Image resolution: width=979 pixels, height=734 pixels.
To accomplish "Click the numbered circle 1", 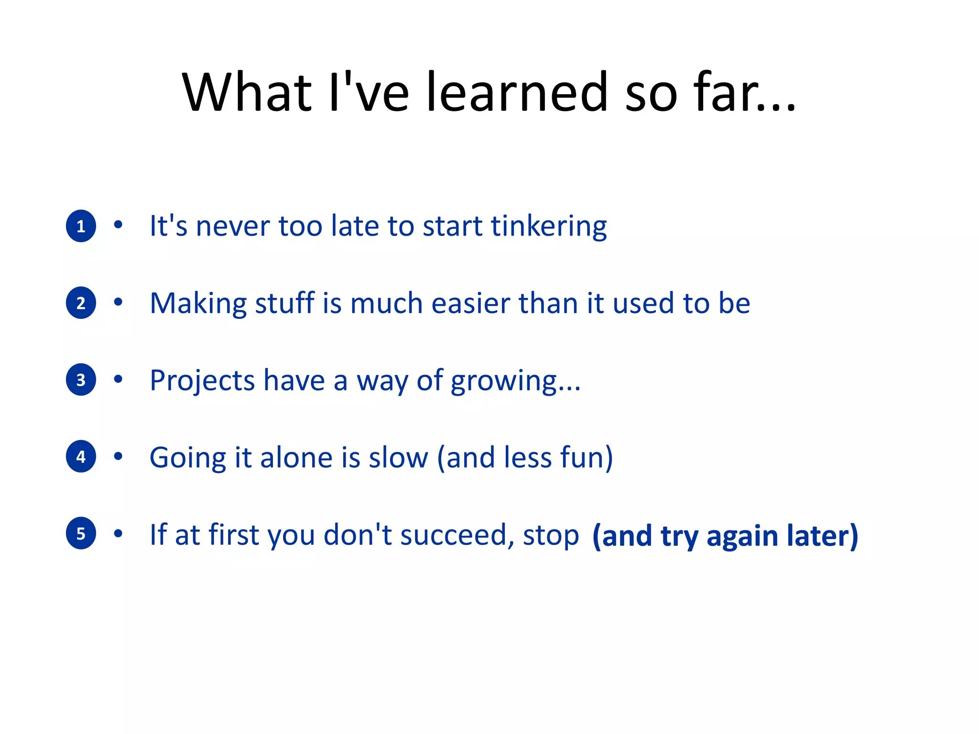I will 81,226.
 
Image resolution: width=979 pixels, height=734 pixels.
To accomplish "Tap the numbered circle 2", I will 81,303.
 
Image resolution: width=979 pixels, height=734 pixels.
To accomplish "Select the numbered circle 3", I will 81,380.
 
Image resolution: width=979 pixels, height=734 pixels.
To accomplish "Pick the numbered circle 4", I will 81,457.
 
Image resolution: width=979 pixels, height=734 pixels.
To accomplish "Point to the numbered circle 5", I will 81,533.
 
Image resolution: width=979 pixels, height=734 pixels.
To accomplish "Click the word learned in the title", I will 516,92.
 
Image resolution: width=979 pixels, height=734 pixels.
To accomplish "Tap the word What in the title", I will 247,92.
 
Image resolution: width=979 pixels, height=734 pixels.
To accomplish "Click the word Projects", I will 202,381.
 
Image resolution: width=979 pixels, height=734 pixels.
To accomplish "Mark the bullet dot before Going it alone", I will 118,456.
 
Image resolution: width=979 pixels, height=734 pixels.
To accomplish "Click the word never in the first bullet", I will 232,227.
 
